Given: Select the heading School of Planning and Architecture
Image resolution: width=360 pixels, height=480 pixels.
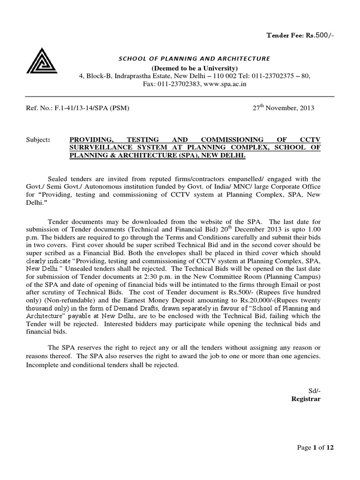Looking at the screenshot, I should click(x=194, y=59).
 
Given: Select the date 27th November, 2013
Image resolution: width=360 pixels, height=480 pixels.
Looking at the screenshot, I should click(x=284, y=108).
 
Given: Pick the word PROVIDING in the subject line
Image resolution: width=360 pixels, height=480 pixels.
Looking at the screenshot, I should click(x=91, y=140).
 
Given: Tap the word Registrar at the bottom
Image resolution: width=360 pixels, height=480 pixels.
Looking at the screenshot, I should click(x=306, y=399).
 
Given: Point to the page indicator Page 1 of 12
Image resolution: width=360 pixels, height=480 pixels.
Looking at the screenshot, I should click(x=315, y=448).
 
